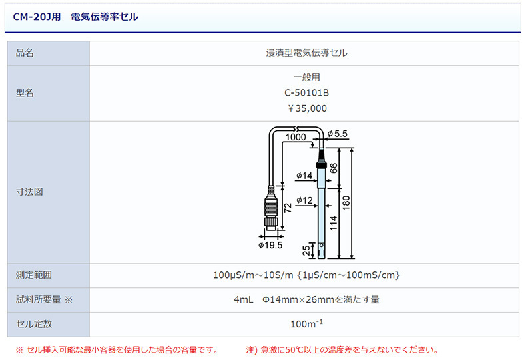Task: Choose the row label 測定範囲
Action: pyautogui.click(x=34, y=275)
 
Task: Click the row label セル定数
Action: pyautogui.click(x=34, y=324)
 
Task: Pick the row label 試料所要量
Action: pyautogui.click(x=39, y=299)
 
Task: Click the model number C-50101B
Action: pyautogui.click(x=306, y=92)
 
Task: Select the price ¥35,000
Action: pyautogui.click(x=306, y=108)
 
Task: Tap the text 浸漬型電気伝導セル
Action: pyautogui.click(x=306, y=53)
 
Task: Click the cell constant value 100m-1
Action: pyautogui.click(x=306, y=324)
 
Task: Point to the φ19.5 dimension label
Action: pyautogui.click(x=270, y=245)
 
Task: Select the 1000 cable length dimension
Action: pyautogui.click(x=295, y=137)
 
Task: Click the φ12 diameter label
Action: pyautogui.click(x=304, y=200)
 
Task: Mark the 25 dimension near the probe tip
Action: pyautogui.click(x=306, y=251)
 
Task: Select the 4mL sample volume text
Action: pyautogui.click(x=243, y=299)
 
